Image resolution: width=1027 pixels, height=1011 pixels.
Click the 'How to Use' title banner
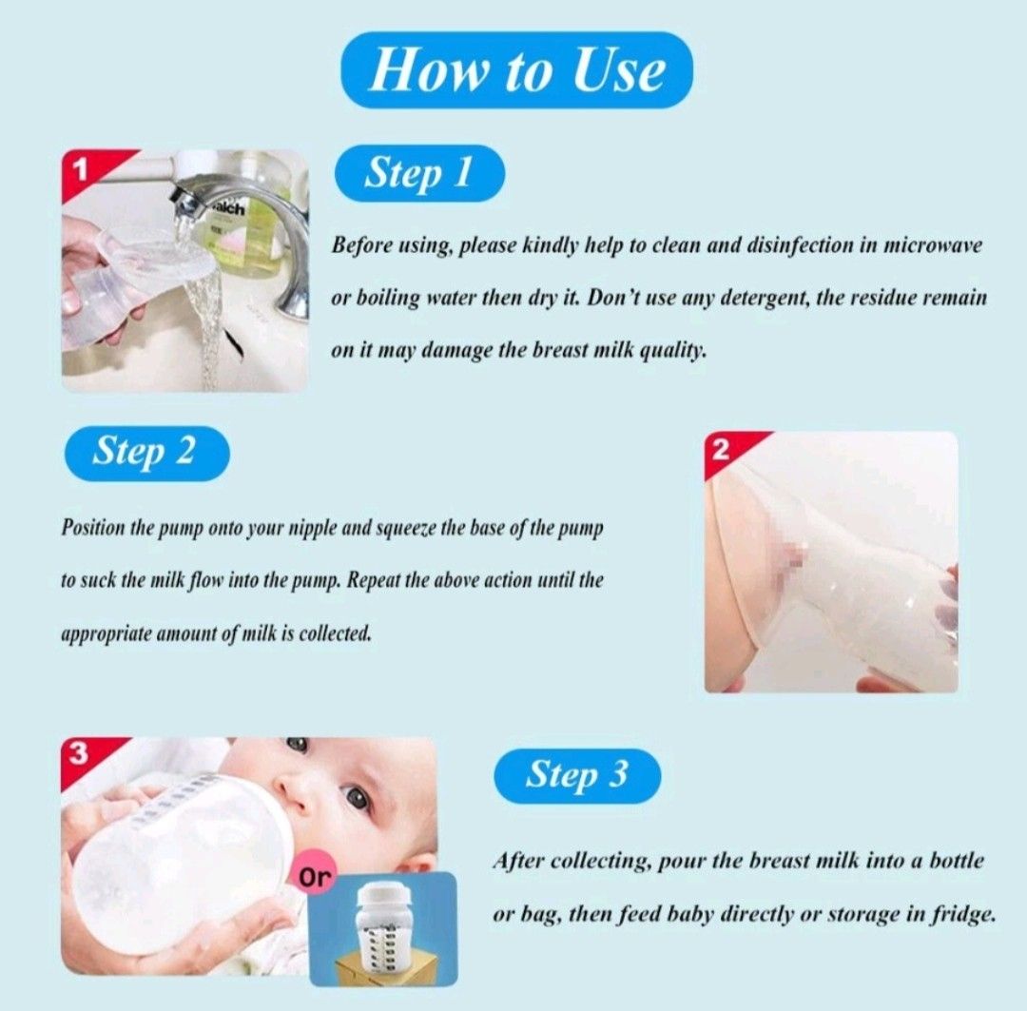(x=515, y=71)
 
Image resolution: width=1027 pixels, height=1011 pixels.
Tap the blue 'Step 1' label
(x=418, y=173)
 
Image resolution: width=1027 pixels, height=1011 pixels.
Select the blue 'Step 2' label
(x=145, y=452)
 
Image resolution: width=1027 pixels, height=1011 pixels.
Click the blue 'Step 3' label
(x=577, y=775)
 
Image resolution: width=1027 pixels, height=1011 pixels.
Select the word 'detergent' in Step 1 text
(x=730, y=297)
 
